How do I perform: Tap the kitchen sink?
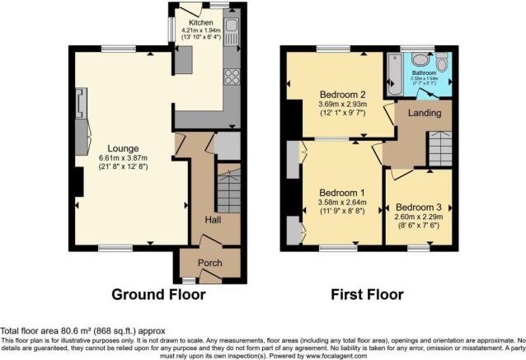pyautogui.click(x=232, y=32)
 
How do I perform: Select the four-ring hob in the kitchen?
pyautogui.click(x=232, y=77)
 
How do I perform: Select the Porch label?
pyautogui.click(x=207, y=265)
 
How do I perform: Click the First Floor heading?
pyautogui.click(x=367, y=294)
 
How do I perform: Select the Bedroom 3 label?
pyautogui.click(x=419, y=207)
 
